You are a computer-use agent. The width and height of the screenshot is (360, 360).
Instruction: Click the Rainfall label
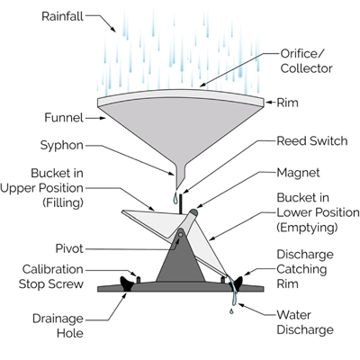point(62,16)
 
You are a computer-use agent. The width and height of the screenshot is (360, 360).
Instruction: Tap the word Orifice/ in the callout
point(302,54)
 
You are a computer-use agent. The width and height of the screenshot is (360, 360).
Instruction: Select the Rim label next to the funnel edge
point(287,103)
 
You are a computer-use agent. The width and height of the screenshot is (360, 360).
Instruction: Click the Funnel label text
point(64,118)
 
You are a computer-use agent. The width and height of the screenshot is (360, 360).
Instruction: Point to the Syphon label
point(62,146)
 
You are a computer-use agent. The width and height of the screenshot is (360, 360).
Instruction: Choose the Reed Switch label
point(312,141)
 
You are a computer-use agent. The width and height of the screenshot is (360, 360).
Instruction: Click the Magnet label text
point(298,173)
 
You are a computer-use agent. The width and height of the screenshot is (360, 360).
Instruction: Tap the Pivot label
point(69,248)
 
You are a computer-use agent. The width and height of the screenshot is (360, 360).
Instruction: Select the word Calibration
point(53,269)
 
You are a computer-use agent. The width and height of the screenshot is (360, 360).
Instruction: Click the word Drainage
point(58,319)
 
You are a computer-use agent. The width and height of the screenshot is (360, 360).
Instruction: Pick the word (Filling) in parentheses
point(63,202)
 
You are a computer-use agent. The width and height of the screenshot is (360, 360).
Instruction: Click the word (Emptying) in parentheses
point(307,228)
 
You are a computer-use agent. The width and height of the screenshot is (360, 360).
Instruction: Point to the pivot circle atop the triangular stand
point(181,234)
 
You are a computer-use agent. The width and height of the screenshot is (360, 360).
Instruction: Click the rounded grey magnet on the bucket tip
point(193,212)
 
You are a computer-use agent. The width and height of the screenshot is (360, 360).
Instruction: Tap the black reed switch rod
point(181,204)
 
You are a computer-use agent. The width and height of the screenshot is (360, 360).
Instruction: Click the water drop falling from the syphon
point(175,198)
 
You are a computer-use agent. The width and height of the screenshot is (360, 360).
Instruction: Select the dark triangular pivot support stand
point(180,258)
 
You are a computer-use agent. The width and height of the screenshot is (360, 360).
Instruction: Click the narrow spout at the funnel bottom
point(180,177)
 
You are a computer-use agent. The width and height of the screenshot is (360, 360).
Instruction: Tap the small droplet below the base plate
point(231,311)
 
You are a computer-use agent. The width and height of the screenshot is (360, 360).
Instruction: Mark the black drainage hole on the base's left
point(127,283)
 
